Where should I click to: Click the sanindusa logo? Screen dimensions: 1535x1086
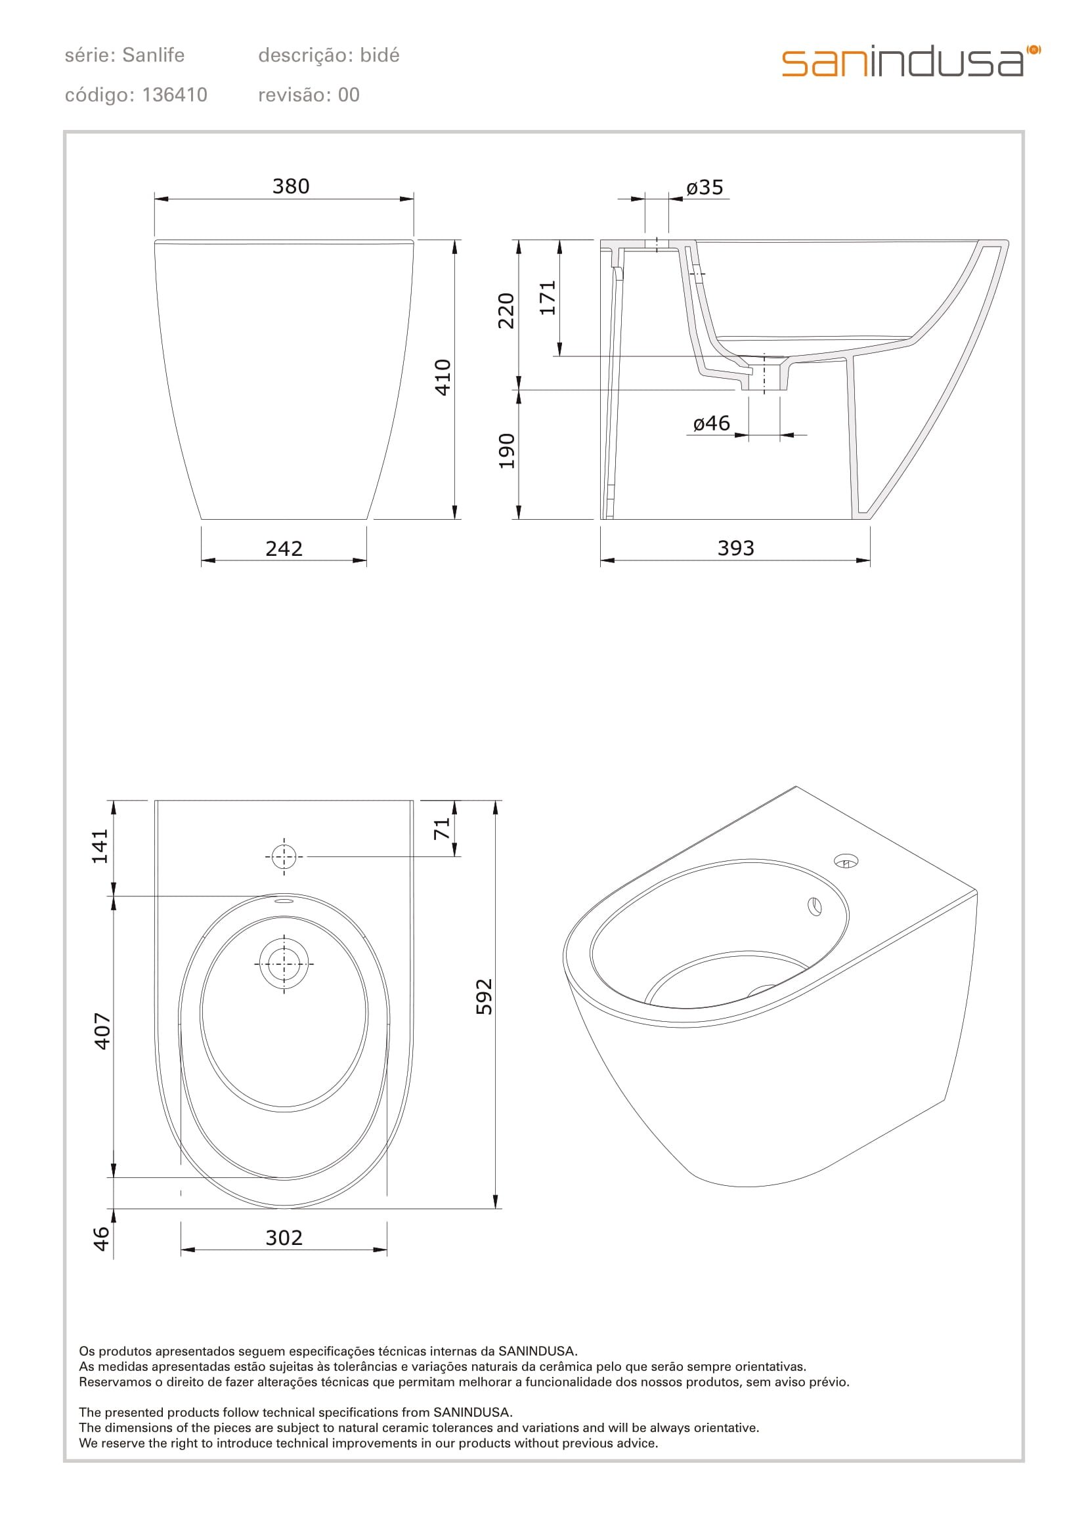[910, 62]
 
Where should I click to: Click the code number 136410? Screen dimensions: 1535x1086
[175, 95]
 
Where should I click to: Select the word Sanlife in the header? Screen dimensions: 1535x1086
[153, 55]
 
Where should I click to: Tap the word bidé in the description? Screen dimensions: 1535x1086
[379, 55]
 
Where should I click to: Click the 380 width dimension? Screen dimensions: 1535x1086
[290, 186]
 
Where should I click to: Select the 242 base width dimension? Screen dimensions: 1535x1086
[284, 549]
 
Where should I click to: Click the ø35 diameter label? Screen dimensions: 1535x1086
[705, 188]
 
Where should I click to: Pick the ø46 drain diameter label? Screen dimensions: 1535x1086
[712, 423]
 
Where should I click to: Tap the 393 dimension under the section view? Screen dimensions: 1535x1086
[735, 548]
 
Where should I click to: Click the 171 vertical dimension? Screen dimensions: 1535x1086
[548, 298]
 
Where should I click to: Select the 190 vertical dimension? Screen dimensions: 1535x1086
[508, 452]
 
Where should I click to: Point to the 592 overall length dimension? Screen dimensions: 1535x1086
[483, 997]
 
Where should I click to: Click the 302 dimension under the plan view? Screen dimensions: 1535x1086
[284, 1238]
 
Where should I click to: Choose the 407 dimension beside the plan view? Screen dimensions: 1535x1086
[102, 1031]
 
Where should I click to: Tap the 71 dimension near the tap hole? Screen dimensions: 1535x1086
[442, 830]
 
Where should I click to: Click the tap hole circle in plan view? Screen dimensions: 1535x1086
[284, 856]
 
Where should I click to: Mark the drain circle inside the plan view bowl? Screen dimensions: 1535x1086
[284, 963]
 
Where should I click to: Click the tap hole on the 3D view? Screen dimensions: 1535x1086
[846, 862]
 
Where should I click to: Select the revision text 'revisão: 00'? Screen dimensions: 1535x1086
[309, 95]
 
